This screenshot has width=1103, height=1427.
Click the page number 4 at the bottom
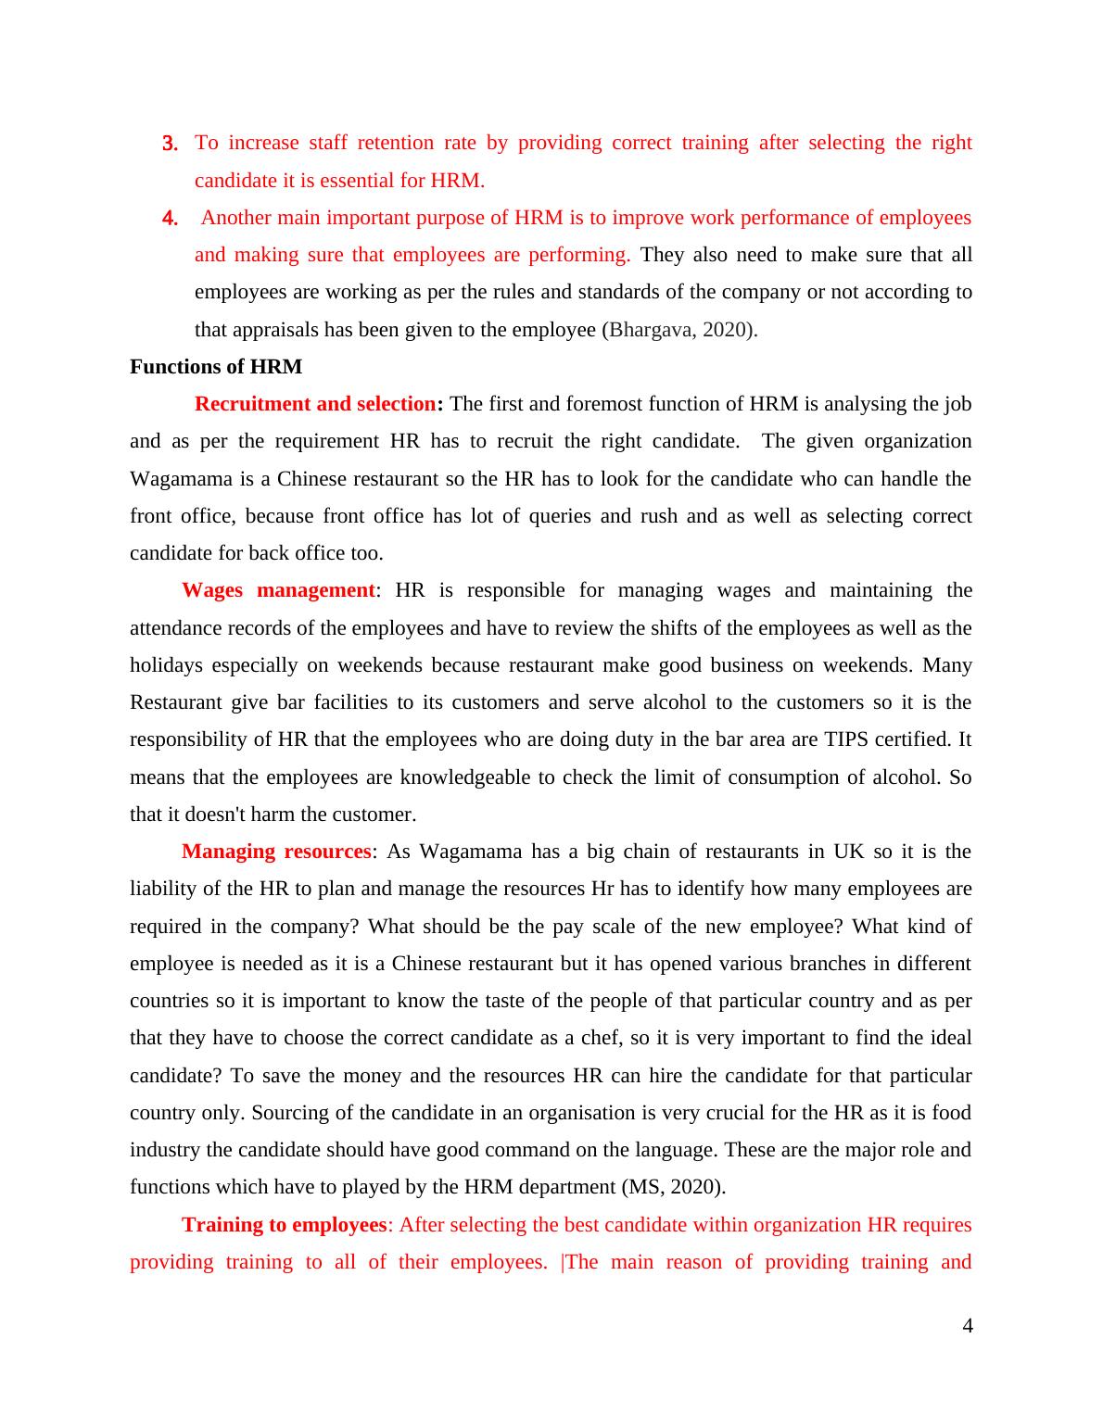tap(968, 1327)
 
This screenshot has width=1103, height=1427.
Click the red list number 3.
tap(170, 144)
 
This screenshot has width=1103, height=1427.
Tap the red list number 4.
tap(170, 219)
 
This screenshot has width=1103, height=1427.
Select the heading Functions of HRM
tap(216, 367)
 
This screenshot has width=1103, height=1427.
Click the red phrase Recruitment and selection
tap(315, 404)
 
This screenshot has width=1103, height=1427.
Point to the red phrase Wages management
tap(278, 590)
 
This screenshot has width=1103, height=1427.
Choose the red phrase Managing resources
tap(276, 852)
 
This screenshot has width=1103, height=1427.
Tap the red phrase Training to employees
tap(284, 1225)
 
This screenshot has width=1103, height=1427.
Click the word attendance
tap(178, 628)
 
